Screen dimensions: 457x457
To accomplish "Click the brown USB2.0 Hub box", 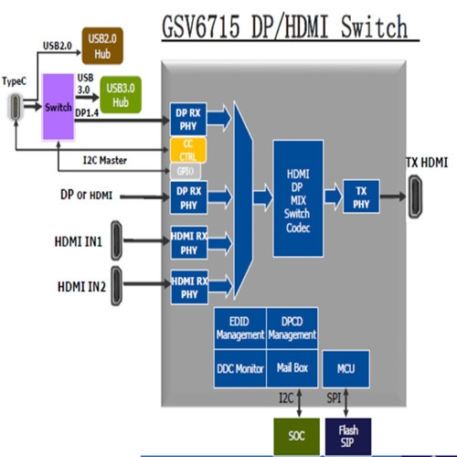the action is click(102, 46).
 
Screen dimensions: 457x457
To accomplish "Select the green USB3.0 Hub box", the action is click(121, 95).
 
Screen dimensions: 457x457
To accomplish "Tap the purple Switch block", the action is click(58, 107).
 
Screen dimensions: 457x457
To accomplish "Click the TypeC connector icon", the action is click(16, 107).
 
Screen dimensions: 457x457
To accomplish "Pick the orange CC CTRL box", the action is click(188, 150).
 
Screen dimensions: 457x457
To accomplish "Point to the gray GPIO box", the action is click(186, 171).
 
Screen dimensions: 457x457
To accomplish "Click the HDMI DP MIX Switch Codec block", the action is click(298, 198).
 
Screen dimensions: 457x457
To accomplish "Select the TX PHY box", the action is click(361, 197).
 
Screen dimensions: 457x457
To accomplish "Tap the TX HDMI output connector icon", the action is click(415, 197).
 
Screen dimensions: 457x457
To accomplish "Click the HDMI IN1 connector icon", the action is click(116, 240).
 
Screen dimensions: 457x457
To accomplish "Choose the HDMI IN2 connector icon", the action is click(116, 286).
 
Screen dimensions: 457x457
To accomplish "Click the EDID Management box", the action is click(240, 328).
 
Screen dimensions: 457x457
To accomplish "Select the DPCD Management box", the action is click(292, 328).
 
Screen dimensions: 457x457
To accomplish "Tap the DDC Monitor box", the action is click(240, 368).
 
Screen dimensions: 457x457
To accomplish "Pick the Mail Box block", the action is click(292, 368).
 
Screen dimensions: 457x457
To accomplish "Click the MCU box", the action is click(346, 369).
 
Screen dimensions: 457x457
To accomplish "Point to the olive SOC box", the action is click(297, 436).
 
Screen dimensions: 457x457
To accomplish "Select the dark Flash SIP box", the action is click(348, 436).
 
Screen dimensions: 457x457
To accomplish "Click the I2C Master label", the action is click(105, 160).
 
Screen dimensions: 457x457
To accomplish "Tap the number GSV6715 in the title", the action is click(201, 27).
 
